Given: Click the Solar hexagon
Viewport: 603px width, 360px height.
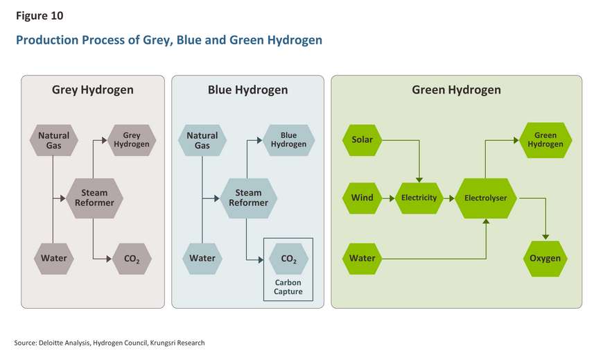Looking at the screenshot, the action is [x=362, y=140].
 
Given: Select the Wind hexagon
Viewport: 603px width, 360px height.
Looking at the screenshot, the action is [x=362, y=198].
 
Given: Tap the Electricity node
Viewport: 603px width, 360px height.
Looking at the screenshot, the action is [x=419, y=198].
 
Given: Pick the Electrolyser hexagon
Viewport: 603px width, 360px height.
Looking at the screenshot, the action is [x=486, y=198].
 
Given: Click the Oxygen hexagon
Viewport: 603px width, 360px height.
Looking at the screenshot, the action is [x=545, y=259].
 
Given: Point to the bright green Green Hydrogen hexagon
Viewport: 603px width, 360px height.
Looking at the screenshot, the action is [x=545, y=140].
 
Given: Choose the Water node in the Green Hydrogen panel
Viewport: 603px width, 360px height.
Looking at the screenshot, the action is [x=362, y=259].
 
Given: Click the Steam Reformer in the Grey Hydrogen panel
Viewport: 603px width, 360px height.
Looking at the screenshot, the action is [x=94, y=198].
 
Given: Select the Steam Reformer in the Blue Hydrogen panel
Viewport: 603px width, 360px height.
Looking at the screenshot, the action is [x=248, y=198].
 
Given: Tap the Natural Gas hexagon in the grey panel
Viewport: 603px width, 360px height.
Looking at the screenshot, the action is [x=54, y=140].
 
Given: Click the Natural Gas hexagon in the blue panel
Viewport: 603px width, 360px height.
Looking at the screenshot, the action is [x=202, y=140].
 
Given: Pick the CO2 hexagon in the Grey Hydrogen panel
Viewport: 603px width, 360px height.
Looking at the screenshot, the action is [x=132, y=259].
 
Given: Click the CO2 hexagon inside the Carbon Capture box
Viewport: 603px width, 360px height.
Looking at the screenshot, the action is [x=289, y=259].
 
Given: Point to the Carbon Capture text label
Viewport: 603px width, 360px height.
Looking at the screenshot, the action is [x=288, y=287].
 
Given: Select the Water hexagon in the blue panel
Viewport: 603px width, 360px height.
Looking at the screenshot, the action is [x=202, y=259].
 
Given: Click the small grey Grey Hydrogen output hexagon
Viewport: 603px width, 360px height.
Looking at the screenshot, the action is [x=132, y=140].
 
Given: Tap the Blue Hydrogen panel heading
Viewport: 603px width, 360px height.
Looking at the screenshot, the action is [x=247, y=90].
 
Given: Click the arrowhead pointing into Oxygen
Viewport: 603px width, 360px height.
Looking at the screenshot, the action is [x=545, y=237].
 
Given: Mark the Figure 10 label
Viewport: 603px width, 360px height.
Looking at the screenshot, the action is [x=40, y=16].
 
